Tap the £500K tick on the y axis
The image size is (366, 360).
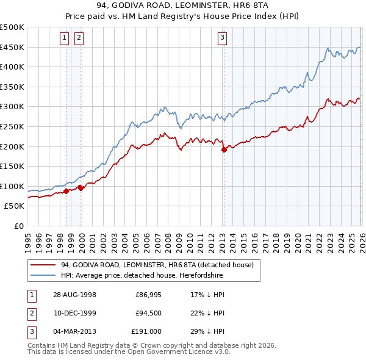click(x=13, y=27)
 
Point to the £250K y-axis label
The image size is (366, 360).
click(x=13, y=126)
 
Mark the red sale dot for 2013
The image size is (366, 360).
click(x=223, y=149)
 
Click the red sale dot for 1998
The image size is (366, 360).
click(x=66, y=191)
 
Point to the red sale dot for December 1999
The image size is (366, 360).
click(x=81, y=188)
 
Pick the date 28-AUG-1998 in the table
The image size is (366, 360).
click(x=74, y=294)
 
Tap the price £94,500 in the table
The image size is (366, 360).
click(x=148, y=312)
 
